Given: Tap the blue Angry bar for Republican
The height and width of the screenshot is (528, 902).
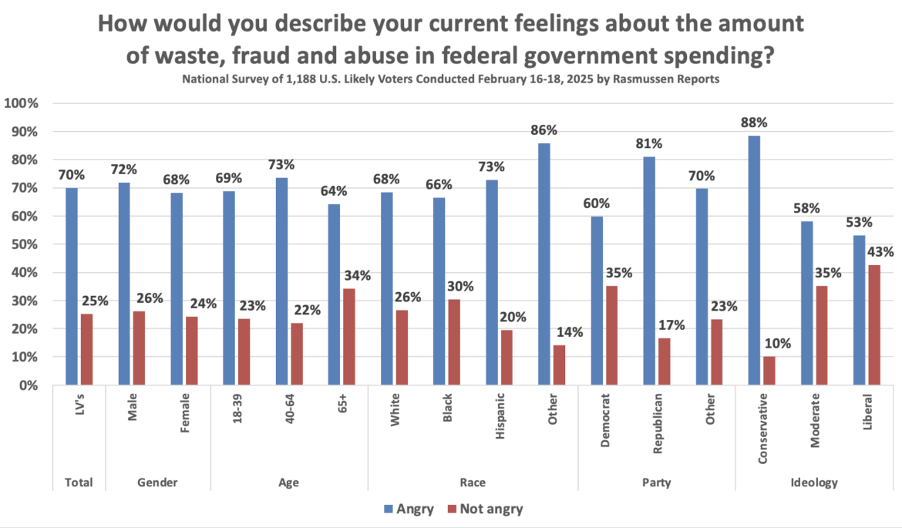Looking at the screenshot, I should click(x=649, y=270).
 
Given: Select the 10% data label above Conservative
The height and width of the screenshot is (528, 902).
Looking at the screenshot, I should click(x=775, y=343).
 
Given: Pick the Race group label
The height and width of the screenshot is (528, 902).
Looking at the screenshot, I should click(x=473, y=483).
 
